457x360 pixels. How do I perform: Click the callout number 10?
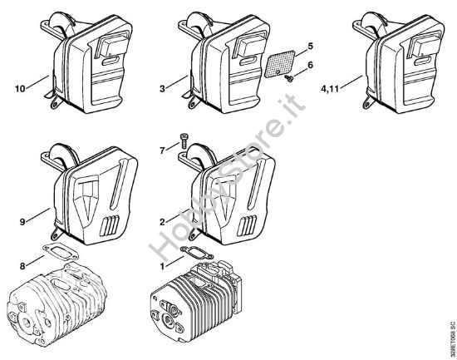tap(20, 89)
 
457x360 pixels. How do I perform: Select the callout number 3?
tap(162, 89)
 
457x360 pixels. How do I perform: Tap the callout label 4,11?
tap(330, 89)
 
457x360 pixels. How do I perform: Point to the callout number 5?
tap(310, 46)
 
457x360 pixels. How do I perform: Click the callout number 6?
tap(310, 65)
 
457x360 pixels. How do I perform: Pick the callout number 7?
tap(162, 150)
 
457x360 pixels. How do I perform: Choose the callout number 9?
tap(22, 222)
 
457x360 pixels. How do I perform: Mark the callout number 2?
tap(162, 222)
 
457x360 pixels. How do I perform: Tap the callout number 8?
tap(22, 266)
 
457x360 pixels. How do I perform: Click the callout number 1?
tap(162, 266)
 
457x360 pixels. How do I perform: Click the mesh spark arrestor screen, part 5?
tap(279, 64)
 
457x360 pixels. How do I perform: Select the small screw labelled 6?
tap(288, 78)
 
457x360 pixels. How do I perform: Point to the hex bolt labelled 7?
tap(184, 141)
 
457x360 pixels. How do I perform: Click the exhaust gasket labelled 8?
tap(61, 252)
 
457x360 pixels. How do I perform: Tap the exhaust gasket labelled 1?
tap(197, 253)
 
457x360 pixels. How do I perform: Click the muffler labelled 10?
tap(87, 62)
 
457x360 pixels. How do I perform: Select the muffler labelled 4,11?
tap(399, 62)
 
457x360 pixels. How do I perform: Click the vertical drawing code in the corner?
tap(452, 339)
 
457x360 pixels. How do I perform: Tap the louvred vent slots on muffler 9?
tap(110, 225)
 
